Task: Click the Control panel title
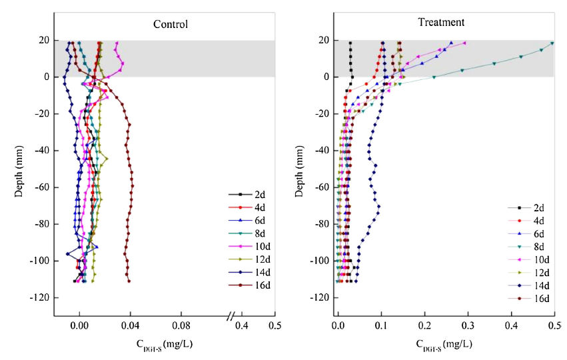click(x=171, y=25)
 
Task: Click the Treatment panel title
click(x=441, y=22)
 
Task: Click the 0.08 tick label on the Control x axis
click(x=181, y=326)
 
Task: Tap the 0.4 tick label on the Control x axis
click(x=242, y=326)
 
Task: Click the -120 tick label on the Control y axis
click(x=37, y=297)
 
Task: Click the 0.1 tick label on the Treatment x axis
click(x=381, y=326)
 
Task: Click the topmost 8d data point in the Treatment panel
click(x=552, y=44)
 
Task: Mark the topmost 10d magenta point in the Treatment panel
click(x=464, y=43)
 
